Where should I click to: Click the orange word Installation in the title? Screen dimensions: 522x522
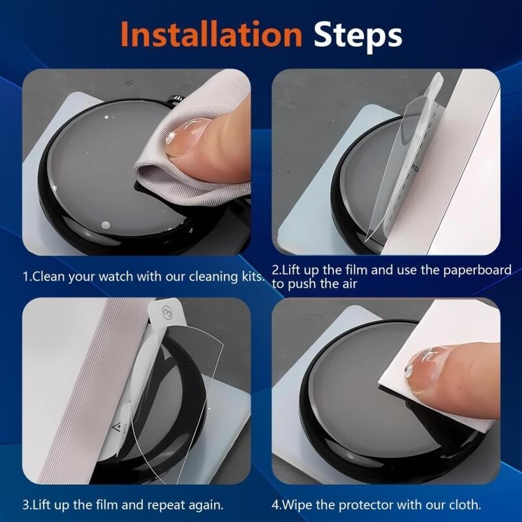pyautogui.click(x=211, y=35)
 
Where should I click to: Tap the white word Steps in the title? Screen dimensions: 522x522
pyautogui.click(x=358, y=37)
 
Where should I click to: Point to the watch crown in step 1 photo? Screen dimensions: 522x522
pyautogui.click(x=176, y=99)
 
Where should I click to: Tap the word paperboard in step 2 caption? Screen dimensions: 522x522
pyautogui.click(x=477, y=270)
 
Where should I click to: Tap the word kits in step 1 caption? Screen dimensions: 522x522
pyautogui.click(x=251, y=277)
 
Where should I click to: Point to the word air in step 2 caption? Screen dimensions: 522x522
pyautogui.click(x=350, y=284)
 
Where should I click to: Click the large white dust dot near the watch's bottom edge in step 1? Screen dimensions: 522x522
pyautogui.click(x=105, y=225)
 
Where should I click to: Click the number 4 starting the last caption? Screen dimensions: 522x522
pyautogui.click(x=275, y=505)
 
